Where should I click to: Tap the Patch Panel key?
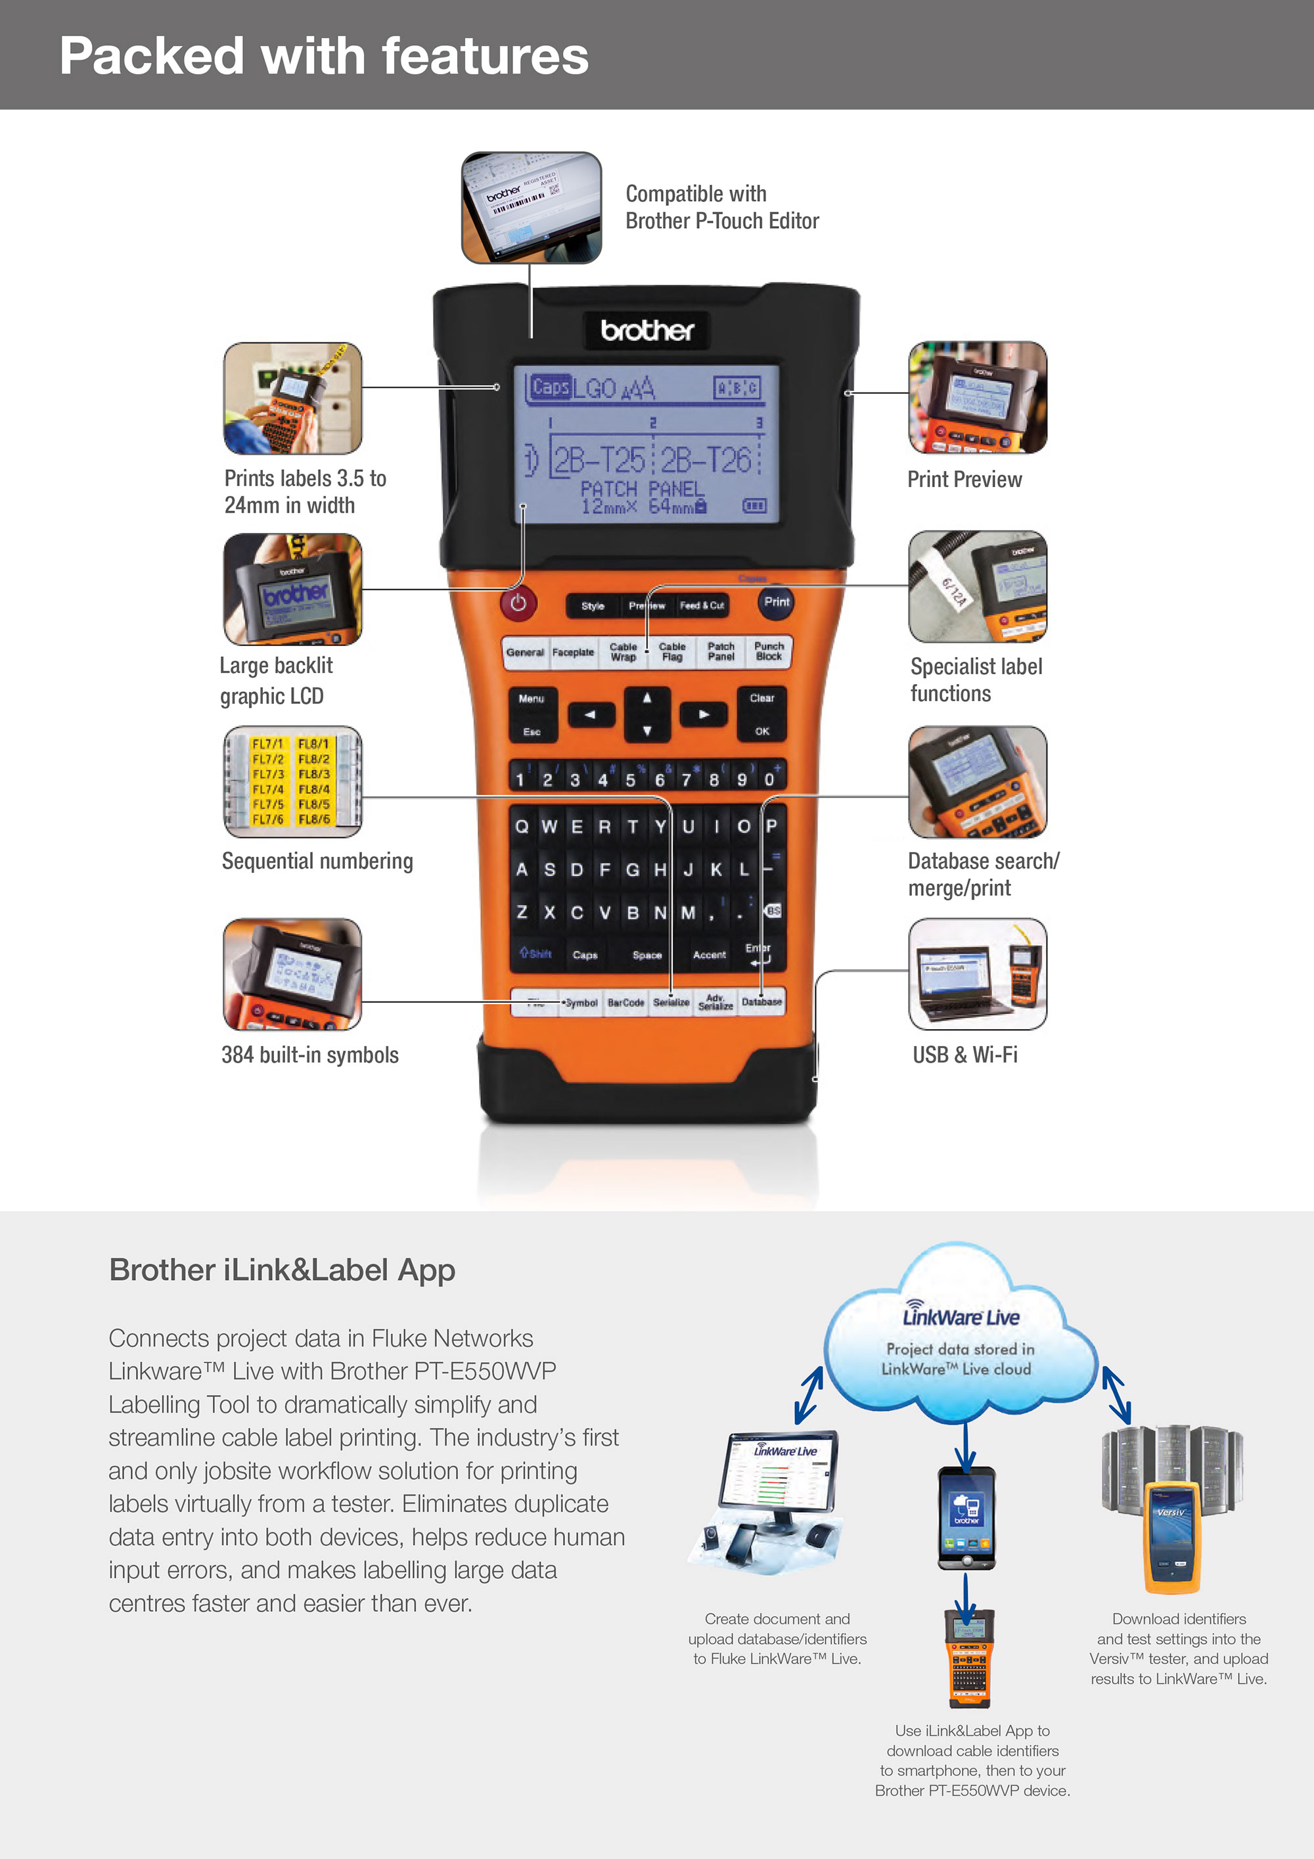(x=721, y=652)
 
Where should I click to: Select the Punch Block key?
(x=768, y=652)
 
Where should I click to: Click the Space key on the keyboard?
(x=647, y=955)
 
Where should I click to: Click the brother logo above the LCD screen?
(x=647, y=331)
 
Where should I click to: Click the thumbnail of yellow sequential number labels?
(x=292, y=781)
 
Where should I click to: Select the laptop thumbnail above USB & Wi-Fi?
(x=977, y=974)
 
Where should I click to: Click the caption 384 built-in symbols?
(x=310, y=1055)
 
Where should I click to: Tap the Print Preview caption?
(x=964, y=479)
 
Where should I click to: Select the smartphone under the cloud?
(x=966, y=1517)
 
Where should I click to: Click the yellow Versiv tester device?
(x=1171, y=1535)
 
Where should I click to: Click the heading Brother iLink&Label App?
(x=282, y=1270)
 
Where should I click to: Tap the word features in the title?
(x=485, y=56)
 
